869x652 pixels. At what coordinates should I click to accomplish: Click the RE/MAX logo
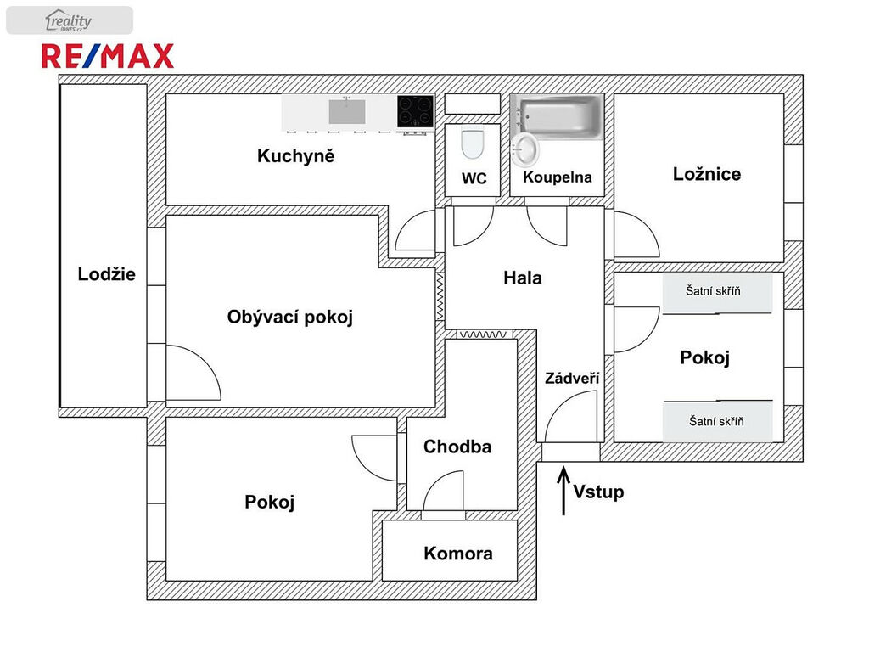(108, 56)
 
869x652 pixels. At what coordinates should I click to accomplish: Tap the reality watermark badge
(70, 20)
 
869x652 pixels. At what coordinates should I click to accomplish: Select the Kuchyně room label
(296, 156)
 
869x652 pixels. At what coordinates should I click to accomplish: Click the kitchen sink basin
(347, 111)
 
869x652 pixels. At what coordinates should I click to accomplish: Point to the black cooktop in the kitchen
(415, 111)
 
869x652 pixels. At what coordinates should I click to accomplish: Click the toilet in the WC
(473, 143)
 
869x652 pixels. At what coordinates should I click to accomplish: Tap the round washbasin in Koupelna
(524, 149)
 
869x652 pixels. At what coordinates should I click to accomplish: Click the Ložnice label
(707, 174)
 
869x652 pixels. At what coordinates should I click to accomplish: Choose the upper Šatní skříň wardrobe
(718, 292)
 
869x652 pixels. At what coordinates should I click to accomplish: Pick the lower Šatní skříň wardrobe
(718, 421)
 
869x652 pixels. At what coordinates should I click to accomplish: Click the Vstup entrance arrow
(563, 492)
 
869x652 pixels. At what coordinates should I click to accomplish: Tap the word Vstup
(598, 492)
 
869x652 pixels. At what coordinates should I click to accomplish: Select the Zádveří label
(572, 378)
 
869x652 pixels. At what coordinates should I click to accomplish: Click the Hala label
(523, 278)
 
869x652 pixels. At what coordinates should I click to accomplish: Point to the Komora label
(458, 554)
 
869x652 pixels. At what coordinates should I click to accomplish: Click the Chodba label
(457, 447)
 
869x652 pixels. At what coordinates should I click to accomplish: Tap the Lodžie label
(106, 274)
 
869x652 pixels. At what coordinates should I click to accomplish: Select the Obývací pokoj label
(290, 318)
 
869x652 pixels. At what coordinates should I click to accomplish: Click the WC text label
(474, 178)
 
